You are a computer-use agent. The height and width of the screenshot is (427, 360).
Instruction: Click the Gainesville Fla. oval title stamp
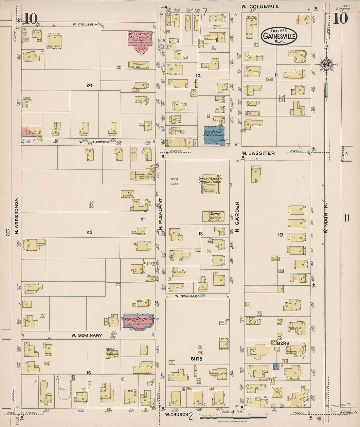click(x=279, y=36)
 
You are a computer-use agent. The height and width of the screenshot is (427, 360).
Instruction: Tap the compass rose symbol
click(x=326, y=64)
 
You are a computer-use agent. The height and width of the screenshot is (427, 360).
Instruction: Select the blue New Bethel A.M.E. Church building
click(x=214, y=135)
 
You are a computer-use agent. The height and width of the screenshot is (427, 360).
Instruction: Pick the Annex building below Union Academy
click(x=213, y=216)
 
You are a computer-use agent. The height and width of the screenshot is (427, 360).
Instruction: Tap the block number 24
click(x=89, y=85)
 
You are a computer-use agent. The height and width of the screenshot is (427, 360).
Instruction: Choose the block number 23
click(x=89, y=232)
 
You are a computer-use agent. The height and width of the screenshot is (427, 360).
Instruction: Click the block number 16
click(x=89, y=373)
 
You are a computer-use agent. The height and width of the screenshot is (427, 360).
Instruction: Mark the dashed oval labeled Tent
click(x=64, y=388)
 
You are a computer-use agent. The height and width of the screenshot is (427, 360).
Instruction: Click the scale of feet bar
click(x=233, y=417)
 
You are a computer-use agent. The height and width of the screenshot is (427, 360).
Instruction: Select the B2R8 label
click(x=283, y=343)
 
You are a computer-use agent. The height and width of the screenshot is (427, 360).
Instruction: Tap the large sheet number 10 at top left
click(x=31, y=19)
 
